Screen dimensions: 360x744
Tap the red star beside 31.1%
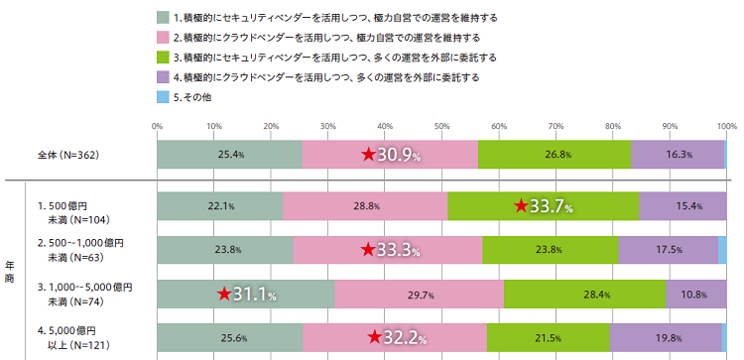pyautogui.click(x=225, y=294)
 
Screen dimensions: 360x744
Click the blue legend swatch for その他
pyautogui.click(x=163, y=97)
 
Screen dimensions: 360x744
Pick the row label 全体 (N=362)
pyautogui.click(x=68, y=156)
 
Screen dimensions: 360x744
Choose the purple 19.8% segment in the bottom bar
pyautogui.click(x=666, y=338)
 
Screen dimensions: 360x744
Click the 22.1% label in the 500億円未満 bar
pyautogui.click(x=219, y=206)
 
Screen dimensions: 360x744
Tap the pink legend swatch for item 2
pyautogui.click(x=163, y=37)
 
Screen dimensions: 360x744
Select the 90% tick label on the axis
pyautogui.click(x=670, y=126)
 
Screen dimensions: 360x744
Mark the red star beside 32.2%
pyautogui.click(x=374, y=338)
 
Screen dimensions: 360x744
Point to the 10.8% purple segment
pyautogui.click(x=695, y=294)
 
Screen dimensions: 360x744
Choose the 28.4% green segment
pyautogui.click(x=585, y=294)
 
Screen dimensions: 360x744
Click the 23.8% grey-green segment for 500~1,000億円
pyautogui.click(x=224, y=250)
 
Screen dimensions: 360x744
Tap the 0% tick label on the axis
pyautogui.click(x=157, y=126)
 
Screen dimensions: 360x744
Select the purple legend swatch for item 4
pyautogui.click(x=163, y=77)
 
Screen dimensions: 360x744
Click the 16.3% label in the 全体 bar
pyautogui.click(x=680, y=156)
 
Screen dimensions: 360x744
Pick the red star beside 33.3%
pyautogui.click(x=367, y=250)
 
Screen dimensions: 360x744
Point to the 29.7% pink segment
pyautogui.click(x=420, y=294)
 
